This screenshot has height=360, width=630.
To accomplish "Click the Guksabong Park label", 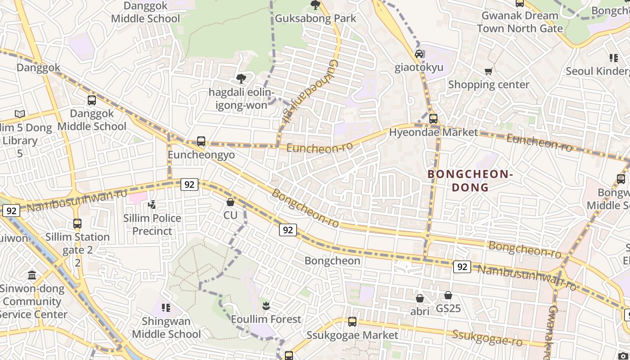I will (315, 18).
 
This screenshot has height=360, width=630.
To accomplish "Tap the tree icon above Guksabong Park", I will (315, 5).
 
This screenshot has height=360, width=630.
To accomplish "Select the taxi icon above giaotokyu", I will (419, 54).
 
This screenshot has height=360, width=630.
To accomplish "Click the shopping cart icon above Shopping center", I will (488, 71).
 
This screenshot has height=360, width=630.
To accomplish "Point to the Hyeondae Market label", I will (433, 132).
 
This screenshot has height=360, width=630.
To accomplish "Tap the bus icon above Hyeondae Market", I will (433, 119).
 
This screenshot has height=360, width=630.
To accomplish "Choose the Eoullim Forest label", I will (265, 319).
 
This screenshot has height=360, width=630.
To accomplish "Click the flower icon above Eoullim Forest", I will (265, 306).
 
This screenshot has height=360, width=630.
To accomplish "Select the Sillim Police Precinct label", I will (152, 225).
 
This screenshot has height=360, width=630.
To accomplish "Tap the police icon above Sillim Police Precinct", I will (152, 205).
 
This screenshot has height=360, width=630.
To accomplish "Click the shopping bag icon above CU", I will (230, 202).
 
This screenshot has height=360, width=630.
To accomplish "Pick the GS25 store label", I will (448, 309).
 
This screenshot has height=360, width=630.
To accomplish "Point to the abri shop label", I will (420, 311).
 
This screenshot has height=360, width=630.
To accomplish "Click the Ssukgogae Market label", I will (352, 335).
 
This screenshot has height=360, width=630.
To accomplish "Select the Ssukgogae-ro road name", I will (487, 337).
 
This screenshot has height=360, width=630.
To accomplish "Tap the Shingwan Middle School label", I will (166, 328).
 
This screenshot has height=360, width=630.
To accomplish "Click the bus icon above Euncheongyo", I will (201, 141).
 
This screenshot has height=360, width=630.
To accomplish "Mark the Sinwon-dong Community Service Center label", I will (32, 301).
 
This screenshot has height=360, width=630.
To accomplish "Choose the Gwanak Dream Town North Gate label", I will (520, 22).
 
